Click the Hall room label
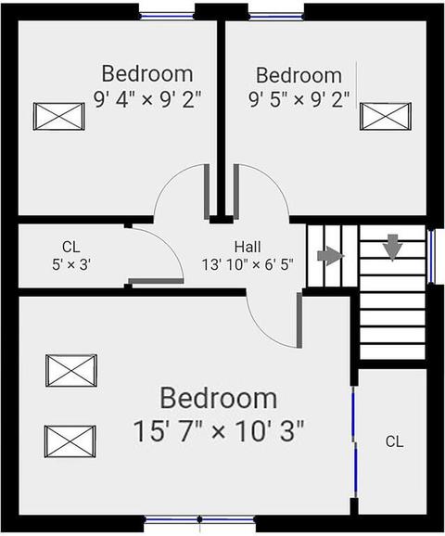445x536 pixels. [x=248, y=247]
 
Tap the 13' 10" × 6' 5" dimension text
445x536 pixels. [x=248, y=264]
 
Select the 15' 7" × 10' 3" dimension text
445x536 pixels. [x=219, y=431]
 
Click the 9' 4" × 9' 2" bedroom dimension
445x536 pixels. [x=147, y=100]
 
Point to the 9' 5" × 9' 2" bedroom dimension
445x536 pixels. [x=299, y=100]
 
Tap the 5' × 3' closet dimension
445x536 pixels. [x=71, y=264]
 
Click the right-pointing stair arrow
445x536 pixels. [x=330, y=256]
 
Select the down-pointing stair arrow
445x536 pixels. [x=393, y=248]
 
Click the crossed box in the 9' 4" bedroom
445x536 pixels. [x=58, y=117]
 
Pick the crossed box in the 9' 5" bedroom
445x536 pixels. [x=386, y=117]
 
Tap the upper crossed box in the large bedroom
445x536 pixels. [x=71, y=371]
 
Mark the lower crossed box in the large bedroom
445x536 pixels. [x=70, y=441]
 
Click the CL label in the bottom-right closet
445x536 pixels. [x=394, y=441]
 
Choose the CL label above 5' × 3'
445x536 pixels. [x=71, y=247]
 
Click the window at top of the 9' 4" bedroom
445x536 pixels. [x=167, y=16]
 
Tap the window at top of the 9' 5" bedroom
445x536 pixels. [x=276, y=16]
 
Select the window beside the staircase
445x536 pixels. [x=432, y=256]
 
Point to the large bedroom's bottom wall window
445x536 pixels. [x=199, y=519]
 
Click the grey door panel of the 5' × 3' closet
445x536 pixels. [x=156, y=281]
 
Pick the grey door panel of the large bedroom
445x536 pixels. [x=299, y=320]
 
